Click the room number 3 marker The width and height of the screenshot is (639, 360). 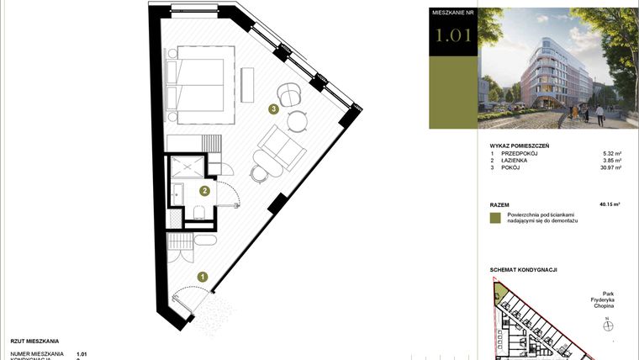272,109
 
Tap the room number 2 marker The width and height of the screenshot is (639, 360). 203,191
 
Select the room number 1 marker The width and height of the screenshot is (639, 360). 202,275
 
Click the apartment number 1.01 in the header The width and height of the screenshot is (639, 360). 453,35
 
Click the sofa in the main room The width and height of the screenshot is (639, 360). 281,147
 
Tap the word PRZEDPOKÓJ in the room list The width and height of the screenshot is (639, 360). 518,154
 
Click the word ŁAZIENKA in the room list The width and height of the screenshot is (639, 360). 515,161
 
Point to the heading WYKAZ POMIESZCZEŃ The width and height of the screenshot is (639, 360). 519,146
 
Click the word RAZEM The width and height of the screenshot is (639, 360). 499,204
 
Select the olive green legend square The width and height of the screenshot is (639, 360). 495,218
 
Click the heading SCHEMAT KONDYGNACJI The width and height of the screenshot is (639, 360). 523,270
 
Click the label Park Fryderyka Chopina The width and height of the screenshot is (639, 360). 603,300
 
